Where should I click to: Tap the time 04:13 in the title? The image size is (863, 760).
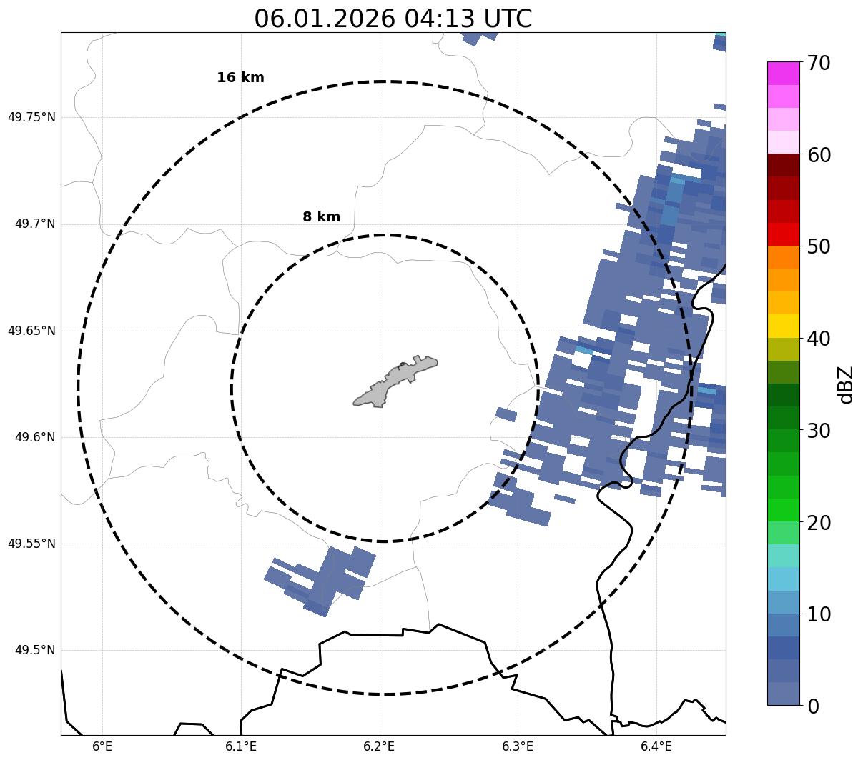click(434, 19)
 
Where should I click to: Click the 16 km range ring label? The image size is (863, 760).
click(240, 78)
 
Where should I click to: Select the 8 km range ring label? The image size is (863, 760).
click(321, 217)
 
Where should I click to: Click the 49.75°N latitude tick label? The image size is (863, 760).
click(31, 117)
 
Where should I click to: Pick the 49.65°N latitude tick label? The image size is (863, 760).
click(31, 331)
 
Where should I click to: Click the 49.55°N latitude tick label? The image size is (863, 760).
click(31, 544)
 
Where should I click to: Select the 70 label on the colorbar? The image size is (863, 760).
click(819, 63)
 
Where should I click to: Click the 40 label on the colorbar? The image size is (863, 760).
click(819, 339)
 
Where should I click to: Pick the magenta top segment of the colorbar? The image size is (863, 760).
click(783, 73)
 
